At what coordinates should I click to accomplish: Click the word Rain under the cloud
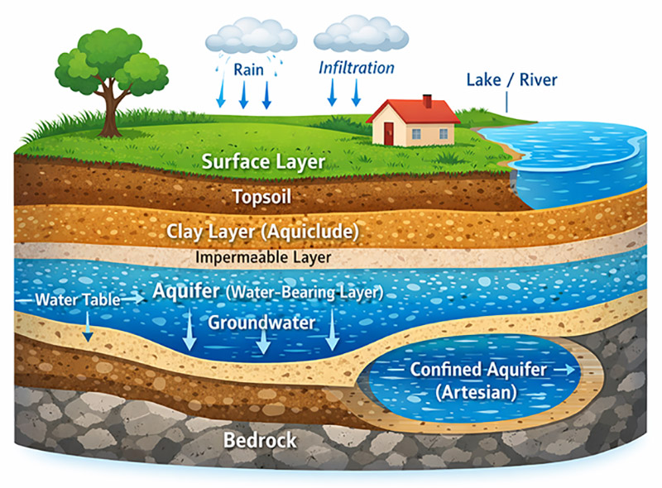pos(248,69)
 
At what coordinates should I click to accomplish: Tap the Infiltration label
pos(357,67)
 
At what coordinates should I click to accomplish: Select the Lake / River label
pos(511,80)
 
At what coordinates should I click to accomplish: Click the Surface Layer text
pos(263,161)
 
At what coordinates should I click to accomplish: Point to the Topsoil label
pos(261,198)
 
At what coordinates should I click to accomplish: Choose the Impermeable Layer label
pos(263,257)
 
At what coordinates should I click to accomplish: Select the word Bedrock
pos(260,440)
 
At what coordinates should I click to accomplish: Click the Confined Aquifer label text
pos(478,370)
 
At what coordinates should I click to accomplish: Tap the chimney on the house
pos(427,101)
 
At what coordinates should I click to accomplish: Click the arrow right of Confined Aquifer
pos(568,371)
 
